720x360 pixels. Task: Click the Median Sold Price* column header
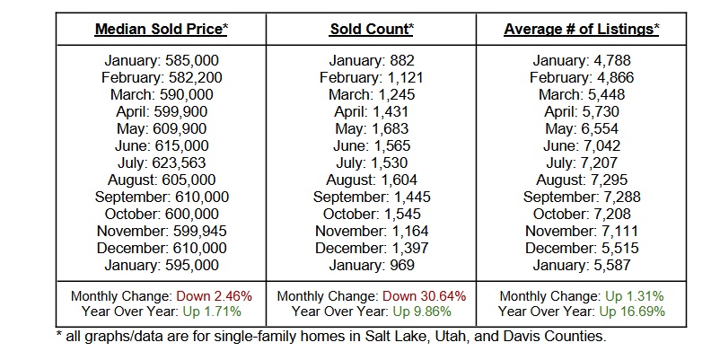(162, 29)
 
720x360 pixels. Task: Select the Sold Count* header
(372, 29)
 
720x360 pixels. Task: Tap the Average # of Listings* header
(581, 29)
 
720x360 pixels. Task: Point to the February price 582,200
(191, 77)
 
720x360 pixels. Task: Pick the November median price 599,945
(196, 231)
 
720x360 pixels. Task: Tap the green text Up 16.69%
(631, 311)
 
